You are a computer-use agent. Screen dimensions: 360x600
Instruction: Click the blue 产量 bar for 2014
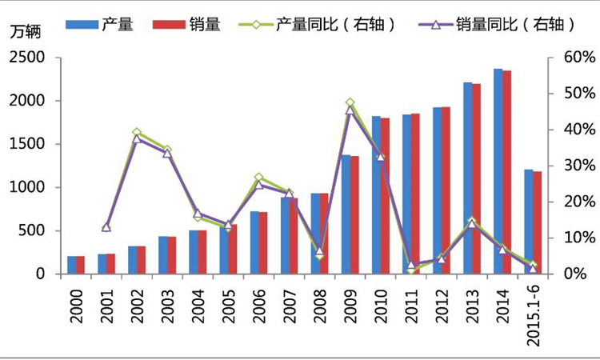click(498, 172)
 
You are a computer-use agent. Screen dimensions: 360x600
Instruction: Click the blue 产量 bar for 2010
click(376, 195)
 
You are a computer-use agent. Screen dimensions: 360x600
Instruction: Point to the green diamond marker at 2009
click(350, 103)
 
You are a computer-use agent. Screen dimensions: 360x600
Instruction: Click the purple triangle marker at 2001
click(106, 227)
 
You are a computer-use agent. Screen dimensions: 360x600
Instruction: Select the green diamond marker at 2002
click(137, 133)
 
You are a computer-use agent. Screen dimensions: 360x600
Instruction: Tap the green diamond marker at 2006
click(258, 178)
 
